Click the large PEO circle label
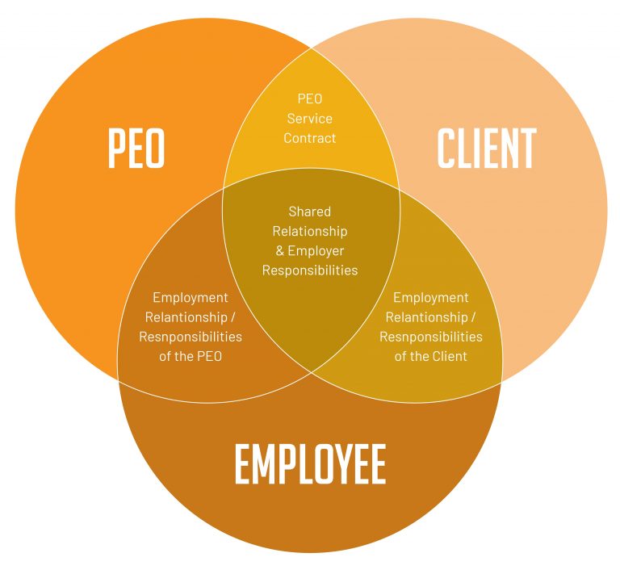click(136, 149)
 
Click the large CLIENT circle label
click(486, 149)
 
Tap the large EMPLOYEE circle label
click(310, 464)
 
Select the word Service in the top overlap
click(310, 119)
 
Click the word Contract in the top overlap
click(310, 138)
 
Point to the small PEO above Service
click(310, 99)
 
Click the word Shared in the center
click(310, 212)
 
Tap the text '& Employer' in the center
click(310, 251)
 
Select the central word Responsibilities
click(310, 270)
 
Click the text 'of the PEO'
click(190, 356)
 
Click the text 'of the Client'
click(431, 356)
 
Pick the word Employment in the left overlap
click(190, 298)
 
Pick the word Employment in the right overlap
click(431, 298)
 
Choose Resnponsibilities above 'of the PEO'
click(190, 337)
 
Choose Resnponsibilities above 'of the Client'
click(431, 337)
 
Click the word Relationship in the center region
click(310, 231)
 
